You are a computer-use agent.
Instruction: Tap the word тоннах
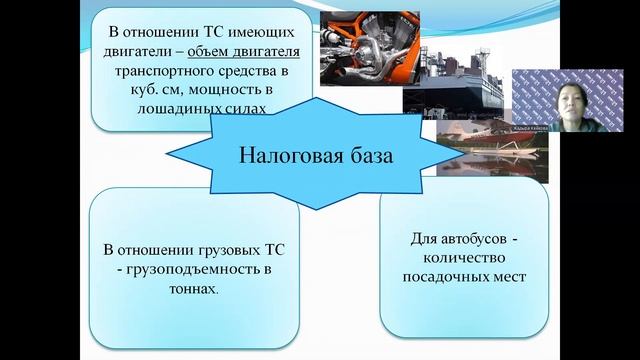(192, 288)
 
